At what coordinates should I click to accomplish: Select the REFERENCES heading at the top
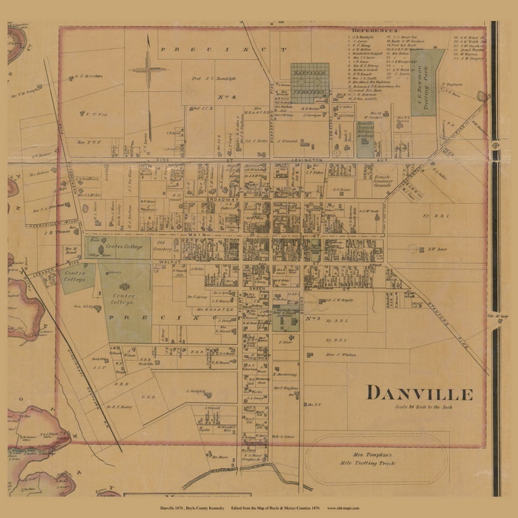pos(374,31)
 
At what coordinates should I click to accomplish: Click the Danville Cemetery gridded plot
pos(309,83)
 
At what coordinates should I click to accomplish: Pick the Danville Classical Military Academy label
pos(365,130)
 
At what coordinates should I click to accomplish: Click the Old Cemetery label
pos(164,244)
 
